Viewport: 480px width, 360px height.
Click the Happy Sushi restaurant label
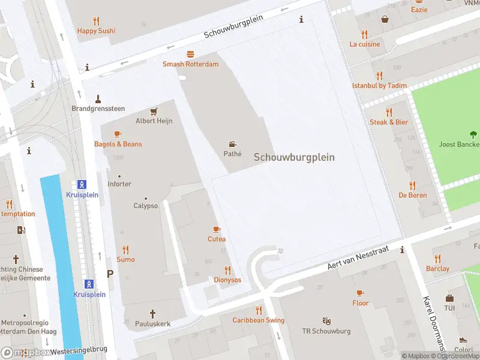tap(96, 31)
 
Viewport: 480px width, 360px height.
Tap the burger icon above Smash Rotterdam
tap(190, 54)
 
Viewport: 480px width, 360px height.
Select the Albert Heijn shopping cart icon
tap(154, 111)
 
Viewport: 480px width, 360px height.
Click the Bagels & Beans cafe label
tap(118, 144)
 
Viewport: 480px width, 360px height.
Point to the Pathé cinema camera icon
tap(232, 144)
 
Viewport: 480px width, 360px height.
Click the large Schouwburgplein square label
tap(294, 157)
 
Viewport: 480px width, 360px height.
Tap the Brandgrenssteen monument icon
tap(98, 98)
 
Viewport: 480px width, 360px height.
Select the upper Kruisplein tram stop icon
tap(82, 184)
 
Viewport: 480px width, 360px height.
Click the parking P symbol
tap(109, 274)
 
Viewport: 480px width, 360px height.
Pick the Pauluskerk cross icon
tap(152, 313)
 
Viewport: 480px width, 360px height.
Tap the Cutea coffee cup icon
tap(217, 229)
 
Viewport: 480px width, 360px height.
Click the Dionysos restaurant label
tap(227, 280)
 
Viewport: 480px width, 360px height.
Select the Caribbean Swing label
tap(259, 320)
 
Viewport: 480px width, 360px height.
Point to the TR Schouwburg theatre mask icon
tap(326, 321)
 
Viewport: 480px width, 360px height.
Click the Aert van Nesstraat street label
tap(358, 257)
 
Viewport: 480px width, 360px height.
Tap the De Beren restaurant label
tap(412, 195)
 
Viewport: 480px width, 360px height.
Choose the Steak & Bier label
tap(388, 122)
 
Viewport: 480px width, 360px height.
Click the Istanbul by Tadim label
tap(379, 86)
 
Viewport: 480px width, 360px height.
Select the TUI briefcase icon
tap(449, 298)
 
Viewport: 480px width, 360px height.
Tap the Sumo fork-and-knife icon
tap(125, 250)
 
